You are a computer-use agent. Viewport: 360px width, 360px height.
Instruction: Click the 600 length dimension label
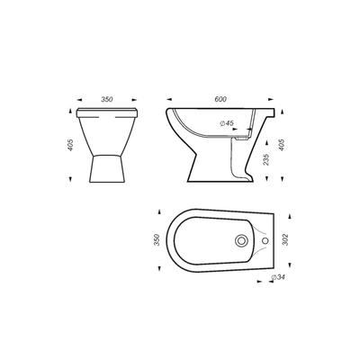pyautogui.click(x=220, y=99)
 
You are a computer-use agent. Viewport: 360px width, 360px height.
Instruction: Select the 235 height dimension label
pyautogui.click(x=266, y=159)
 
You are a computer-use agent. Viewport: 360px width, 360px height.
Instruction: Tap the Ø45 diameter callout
pyautogui.click(x=227, y=122)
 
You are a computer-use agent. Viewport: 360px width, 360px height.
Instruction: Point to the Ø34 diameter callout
pyautogui.click(x=277, y=277)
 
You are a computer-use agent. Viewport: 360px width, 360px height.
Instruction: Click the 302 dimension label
pyautogui.click(x=285, y=239)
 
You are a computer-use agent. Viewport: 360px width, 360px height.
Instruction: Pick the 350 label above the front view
pyautogui.click(x=107, y=99)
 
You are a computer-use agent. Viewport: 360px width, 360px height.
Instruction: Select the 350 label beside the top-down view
pyautogui.click(x=157, y=239)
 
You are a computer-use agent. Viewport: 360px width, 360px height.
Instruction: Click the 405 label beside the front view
pyautogui.click(x=70, y=145)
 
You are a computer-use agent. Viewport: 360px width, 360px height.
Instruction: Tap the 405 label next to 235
pyautogui.click(x=282, y=145)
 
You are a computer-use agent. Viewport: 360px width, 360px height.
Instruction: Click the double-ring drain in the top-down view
pyautogui.click(x=241, y=240)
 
